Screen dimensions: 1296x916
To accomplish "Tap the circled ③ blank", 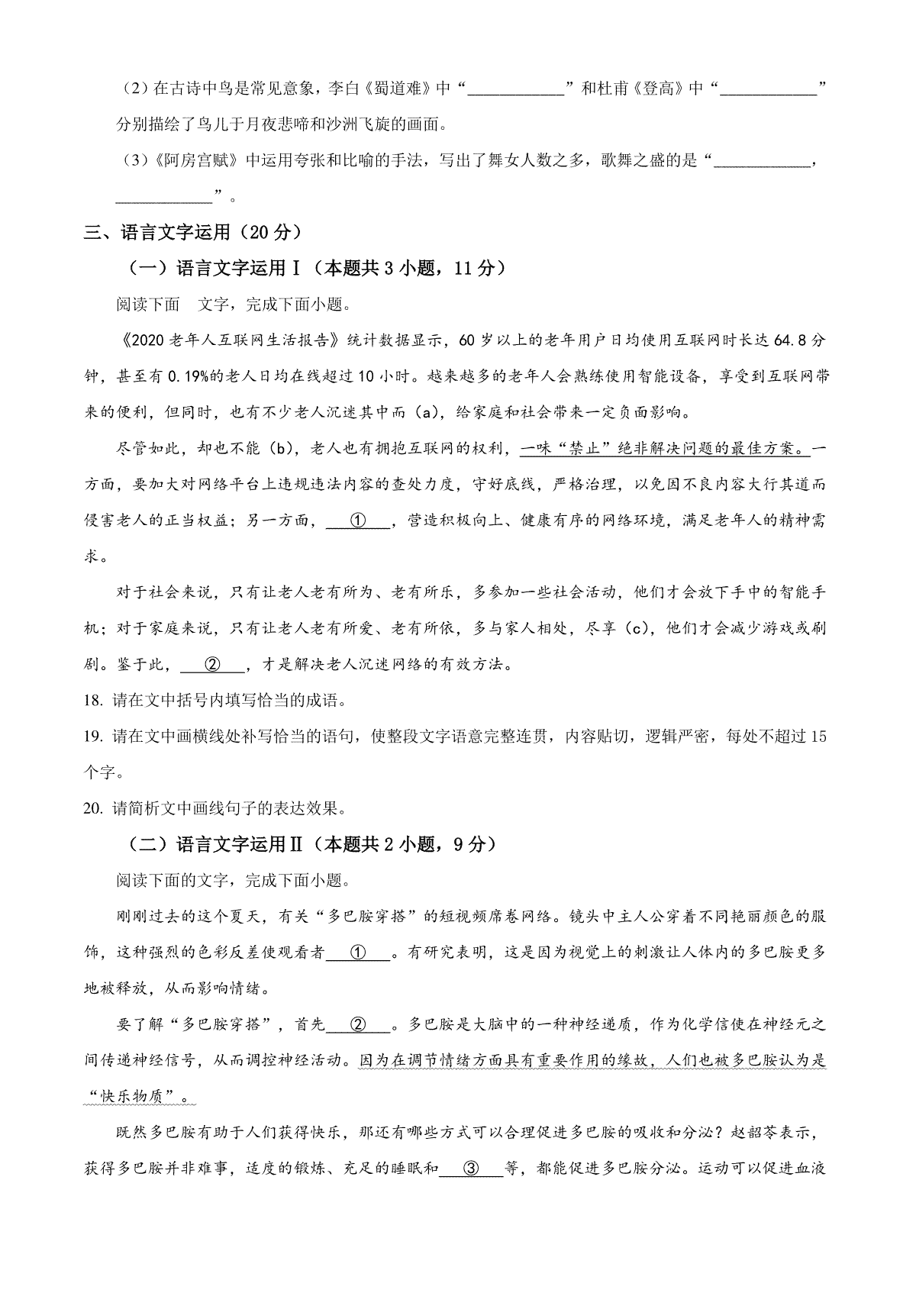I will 470,1169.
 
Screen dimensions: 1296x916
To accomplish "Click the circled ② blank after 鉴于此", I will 212,665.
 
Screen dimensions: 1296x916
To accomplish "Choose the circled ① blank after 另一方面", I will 357,521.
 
